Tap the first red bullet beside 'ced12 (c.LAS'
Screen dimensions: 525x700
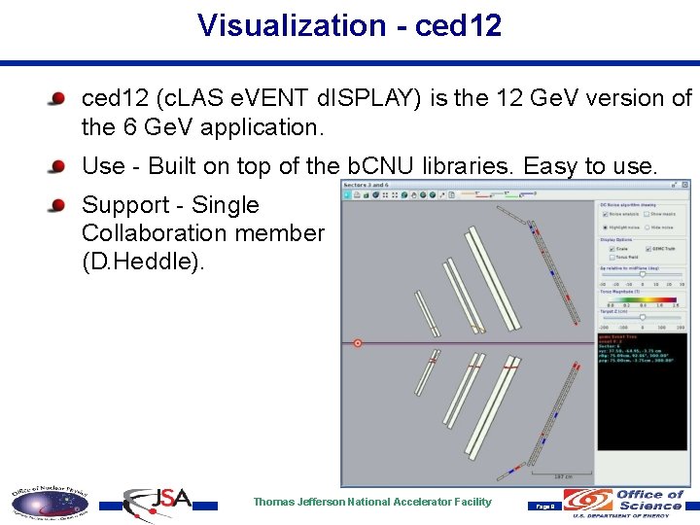click(x=59, y=98)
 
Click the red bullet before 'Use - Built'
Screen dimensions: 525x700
click(x=59, y=166)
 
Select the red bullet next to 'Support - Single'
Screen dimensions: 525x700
click(x=59, y=205)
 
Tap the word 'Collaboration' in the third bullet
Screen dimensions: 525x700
click(x=141, y=233)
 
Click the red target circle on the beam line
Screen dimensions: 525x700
click(x=358, y=343)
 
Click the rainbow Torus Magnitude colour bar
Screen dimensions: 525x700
click(x=642, y=298)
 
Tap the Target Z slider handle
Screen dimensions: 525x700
click(x=642, y=317)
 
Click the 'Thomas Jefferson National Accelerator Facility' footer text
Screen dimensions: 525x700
click(x=372, y=502)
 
